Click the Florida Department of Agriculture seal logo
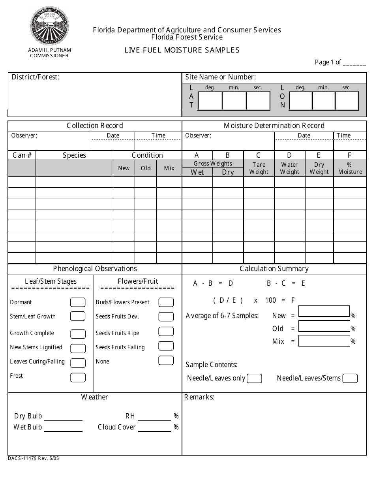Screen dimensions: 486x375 click(x=49, y=26)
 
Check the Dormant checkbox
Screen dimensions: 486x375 click(x=78, y=303)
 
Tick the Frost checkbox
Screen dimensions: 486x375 click(x=78, y=377)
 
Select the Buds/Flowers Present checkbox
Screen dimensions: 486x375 click(x=166, y=302)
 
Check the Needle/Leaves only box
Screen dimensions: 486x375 click(x=254, y=379)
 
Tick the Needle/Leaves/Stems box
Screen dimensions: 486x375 click(x=350, y=379)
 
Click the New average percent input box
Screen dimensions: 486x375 click(x=324, y=311)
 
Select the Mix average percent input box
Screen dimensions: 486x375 click(x=324, y=341)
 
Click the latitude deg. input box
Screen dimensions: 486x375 click(x=210, y=101)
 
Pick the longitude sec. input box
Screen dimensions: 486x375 click(x=347, y=101)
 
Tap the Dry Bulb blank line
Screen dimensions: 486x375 click(x=63, y=416)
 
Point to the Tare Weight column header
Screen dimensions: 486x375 click(x=259, y=168)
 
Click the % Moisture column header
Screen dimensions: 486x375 click(x=350, y=168)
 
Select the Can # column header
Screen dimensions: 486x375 click(x=22, y=155)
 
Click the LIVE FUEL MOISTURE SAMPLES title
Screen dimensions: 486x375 click(x=182, y=50)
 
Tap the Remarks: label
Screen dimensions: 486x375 click(x=199, y=397)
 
